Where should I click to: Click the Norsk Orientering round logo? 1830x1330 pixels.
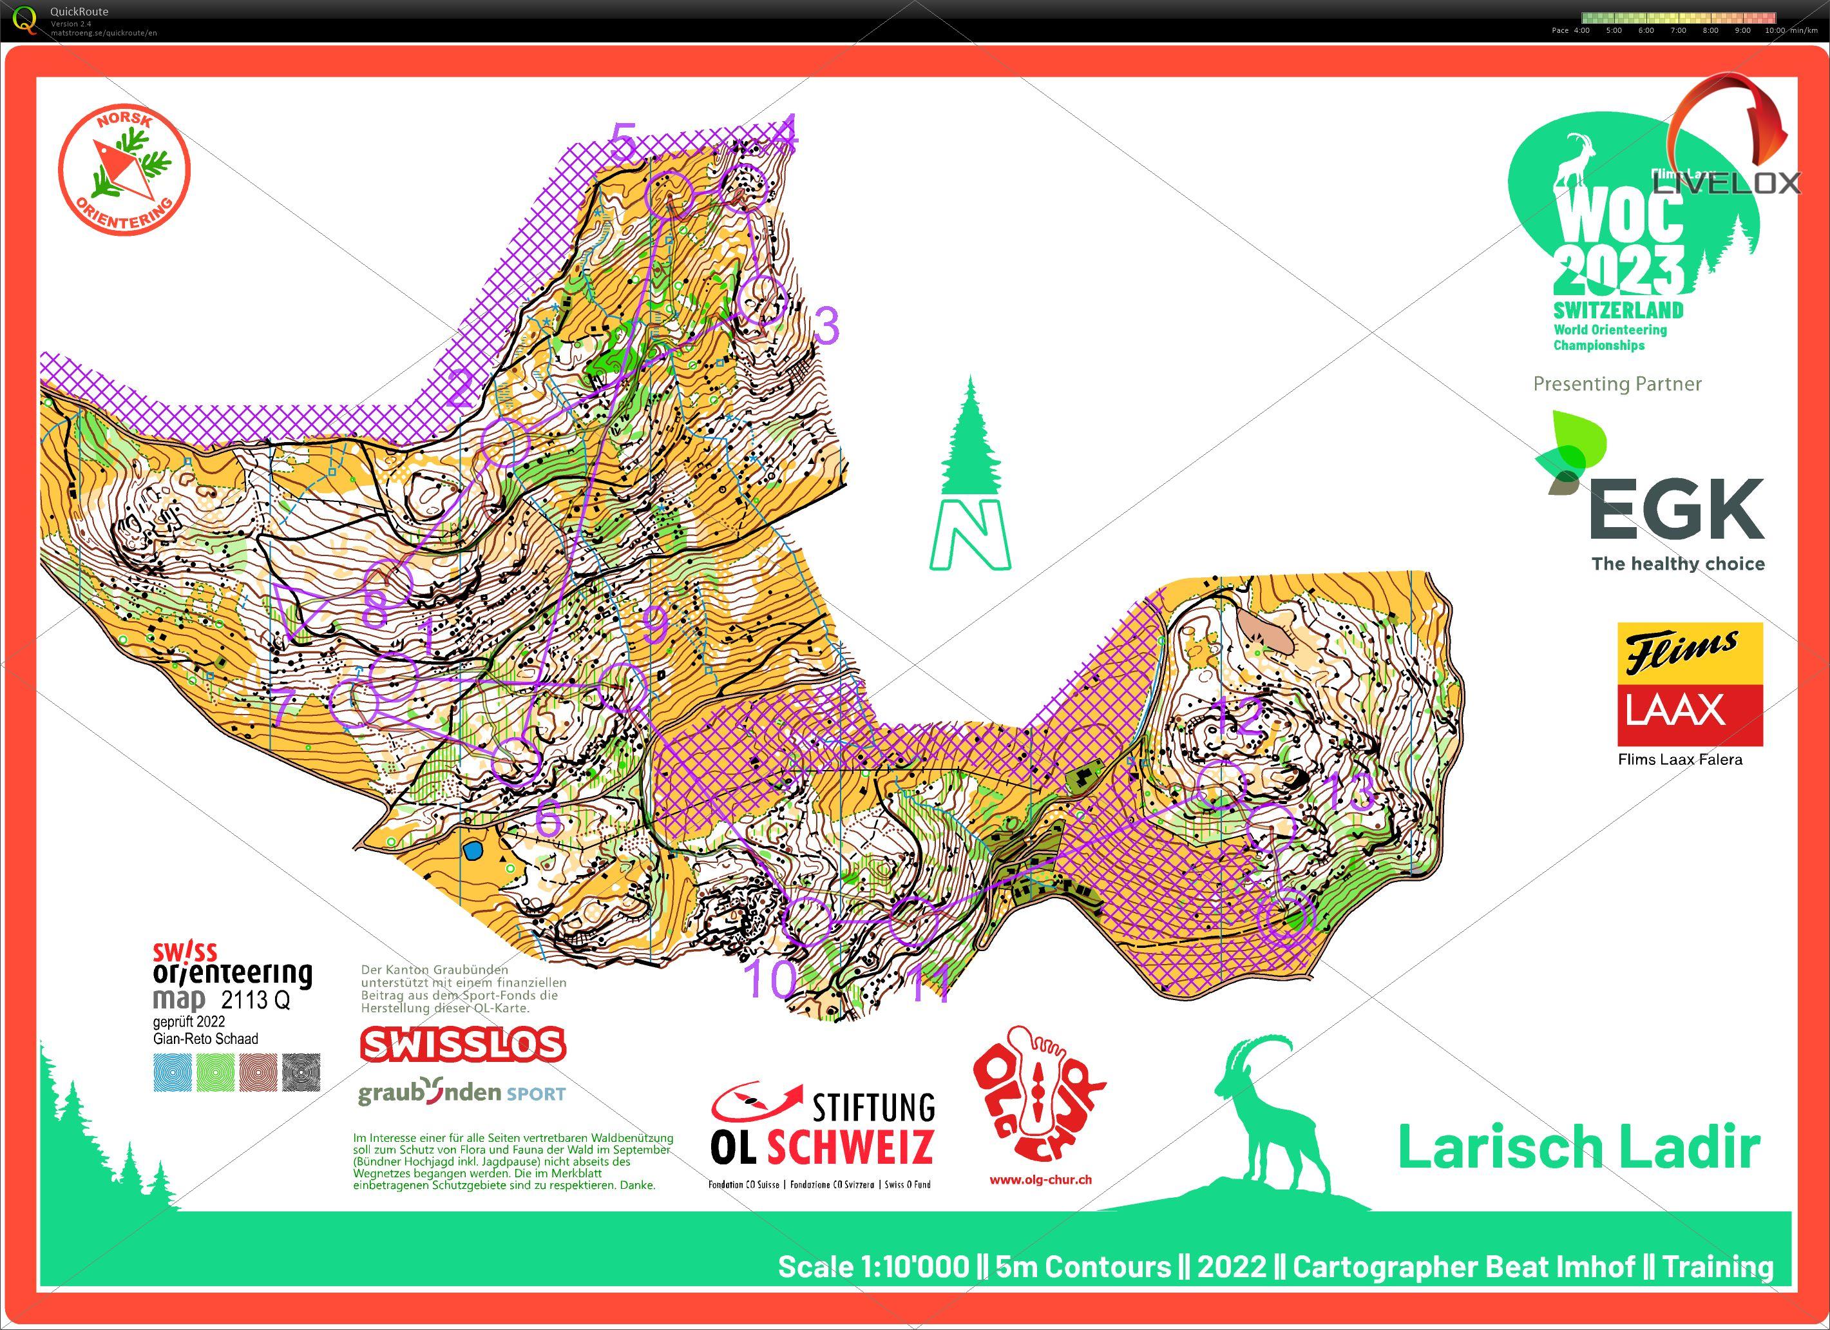pos(124,170)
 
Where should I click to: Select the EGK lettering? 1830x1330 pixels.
pos(1676,509)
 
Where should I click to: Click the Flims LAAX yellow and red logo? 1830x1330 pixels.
pos(1690,684)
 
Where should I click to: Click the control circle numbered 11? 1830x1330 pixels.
pos(913,920)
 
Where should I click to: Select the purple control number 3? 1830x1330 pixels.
pos(827,325)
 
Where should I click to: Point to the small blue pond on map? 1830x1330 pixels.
pos(472,850)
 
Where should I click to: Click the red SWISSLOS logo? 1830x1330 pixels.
pos(462,1045)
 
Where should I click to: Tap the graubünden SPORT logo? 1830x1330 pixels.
pos(462,1093)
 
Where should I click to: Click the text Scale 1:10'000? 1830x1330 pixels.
pos(873,1266)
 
